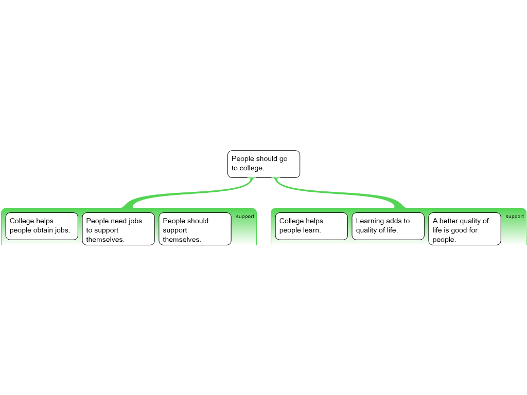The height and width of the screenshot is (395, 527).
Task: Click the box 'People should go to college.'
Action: tap(263, 164)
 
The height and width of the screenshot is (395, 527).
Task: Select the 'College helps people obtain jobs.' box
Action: tap(42, 226)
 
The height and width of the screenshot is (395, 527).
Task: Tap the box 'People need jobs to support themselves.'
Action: tap(118, 229)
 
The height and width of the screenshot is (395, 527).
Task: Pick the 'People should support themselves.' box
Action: tap(195, 229)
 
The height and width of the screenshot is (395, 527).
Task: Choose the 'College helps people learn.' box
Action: tap(311, 226)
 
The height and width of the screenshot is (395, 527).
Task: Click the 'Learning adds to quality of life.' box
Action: tap(388, 226)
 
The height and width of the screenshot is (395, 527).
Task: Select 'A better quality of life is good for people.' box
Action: tap(465, 229)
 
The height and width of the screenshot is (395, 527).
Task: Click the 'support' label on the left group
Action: tap(245, 217)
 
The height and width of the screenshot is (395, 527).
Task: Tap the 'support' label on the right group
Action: tap(515, 217)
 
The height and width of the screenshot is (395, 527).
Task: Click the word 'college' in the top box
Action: tap(252, 168)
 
